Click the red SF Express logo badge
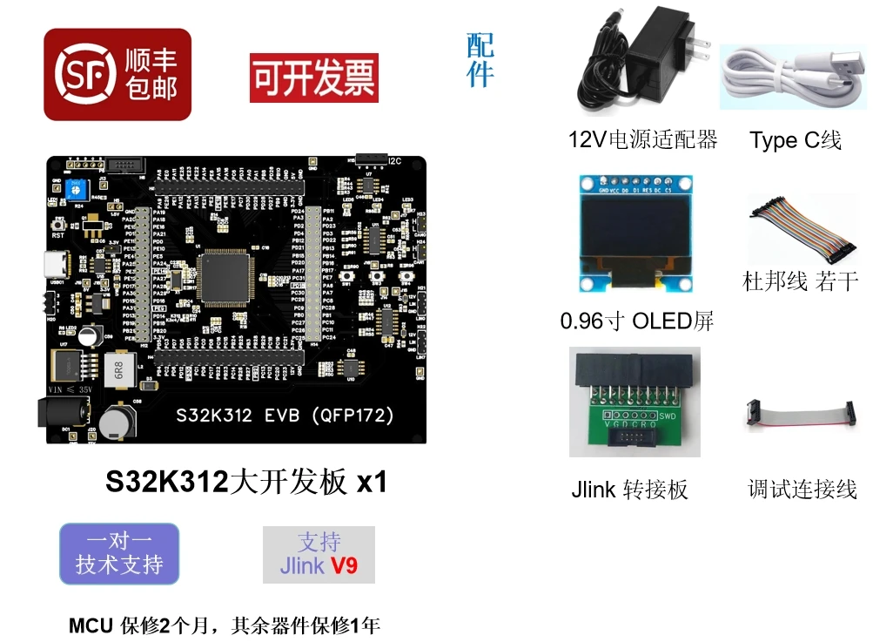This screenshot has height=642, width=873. click(x=117, y=75)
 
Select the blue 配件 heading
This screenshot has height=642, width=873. click(x=480, y=60)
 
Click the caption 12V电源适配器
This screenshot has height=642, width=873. click(x=642, y=139)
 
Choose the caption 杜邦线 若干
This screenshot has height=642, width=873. click(x=800, y=281)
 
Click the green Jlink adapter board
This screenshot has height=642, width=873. click(x=634, y=402)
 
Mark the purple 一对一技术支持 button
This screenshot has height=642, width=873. click(x=119, y=554)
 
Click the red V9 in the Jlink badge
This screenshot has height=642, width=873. click(x=344, y=565)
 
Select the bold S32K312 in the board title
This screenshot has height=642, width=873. click(x=166, y=483)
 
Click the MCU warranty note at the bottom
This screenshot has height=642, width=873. click(x=225, y=625)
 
